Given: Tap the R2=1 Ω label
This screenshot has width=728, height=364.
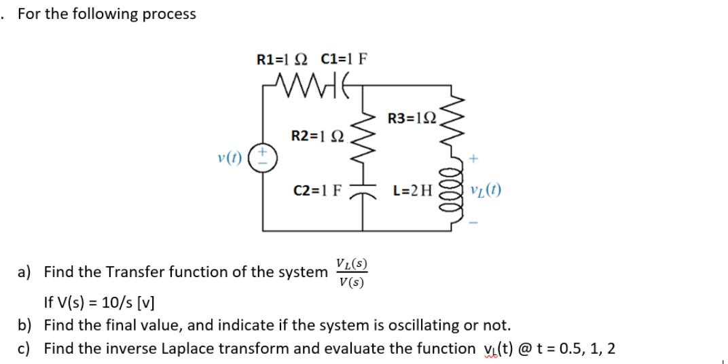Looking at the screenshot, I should (318, 136).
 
